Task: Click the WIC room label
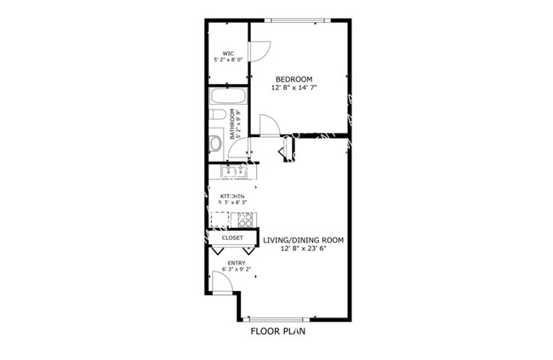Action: [x=229, y=53]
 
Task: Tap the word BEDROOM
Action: [x=294, y=79]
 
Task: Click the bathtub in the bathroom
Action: [x=227, y=97]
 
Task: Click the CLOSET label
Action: [x=232, y=238]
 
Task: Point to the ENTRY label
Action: [x=237, y=263]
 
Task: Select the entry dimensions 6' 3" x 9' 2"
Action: [x=237, y=270]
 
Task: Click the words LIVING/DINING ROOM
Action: [x=303, y=241]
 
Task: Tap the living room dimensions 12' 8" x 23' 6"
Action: [x=303, y=249]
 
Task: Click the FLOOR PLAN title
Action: [x=277, y=332]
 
